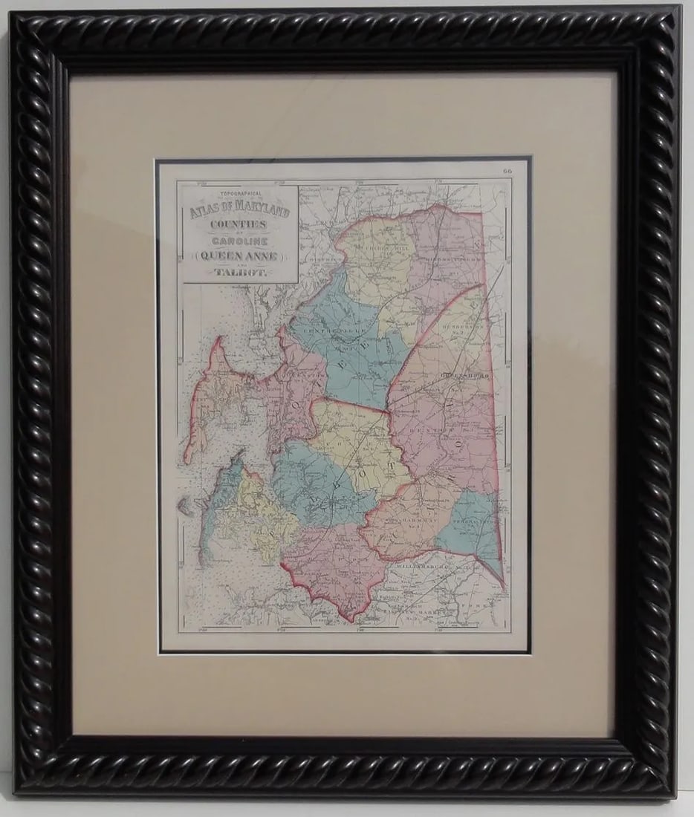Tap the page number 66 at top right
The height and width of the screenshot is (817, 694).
tap(507, 172)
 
